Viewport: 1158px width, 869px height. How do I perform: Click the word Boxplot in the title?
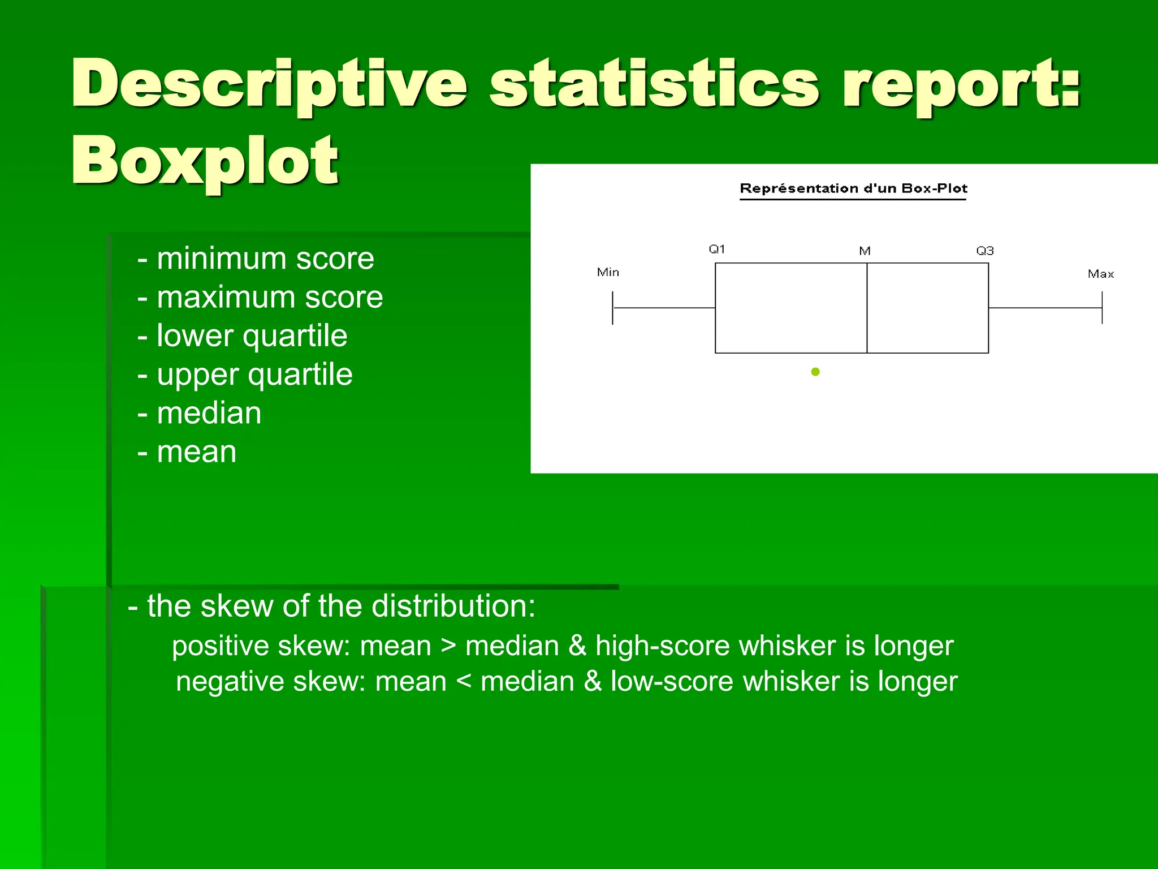[205, 161]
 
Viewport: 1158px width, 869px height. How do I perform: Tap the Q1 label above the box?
[716, 249]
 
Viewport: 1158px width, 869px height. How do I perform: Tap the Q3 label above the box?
[984, 251]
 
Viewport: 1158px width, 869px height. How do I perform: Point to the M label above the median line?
[865, 251]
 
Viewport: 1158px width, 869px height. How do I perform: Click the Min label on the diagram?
[608, 273]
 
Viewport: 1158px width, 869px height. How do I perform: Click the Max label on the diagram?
[1100, 274]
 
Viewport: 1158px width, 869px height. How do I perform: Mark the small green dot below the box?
[815, 372]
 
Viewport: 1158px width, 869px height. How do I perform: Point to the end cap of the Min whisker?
[613, 308]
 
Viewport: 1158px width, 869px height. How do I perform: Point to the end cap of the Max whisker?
[1102, 308]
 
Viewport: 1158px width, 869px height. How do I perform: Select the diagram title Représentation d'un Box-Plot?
[853, 188]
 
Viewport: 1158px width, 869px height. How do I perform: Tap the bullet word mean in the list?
[196, 452]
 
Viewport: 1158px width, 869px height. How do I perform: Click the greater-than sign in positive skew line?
[448, 646]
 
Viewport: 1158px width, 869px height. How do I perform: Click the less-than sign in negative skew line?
[463, 681]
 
